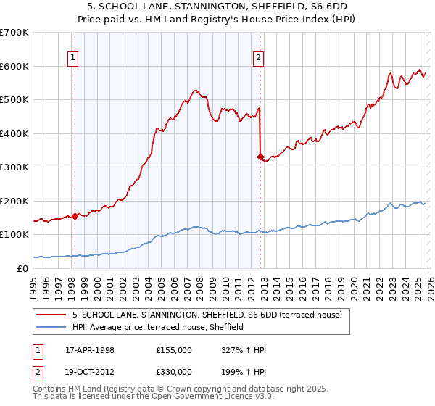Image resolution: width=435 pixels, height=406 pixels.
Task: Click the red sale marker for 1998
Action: (x=75, y=215)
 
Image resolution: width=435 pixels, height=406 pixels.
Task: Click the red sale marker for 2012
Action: (x=260, y=156)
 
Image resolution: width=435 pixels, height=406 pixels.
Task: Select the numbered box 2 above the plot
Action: (x=259, y=59)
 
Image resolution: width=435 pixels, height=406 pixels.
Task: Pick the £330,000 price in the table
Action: (x=173, y=371)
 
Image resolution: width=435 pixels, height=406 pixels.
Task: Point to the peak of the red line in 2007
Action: (x=194, y=90)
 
